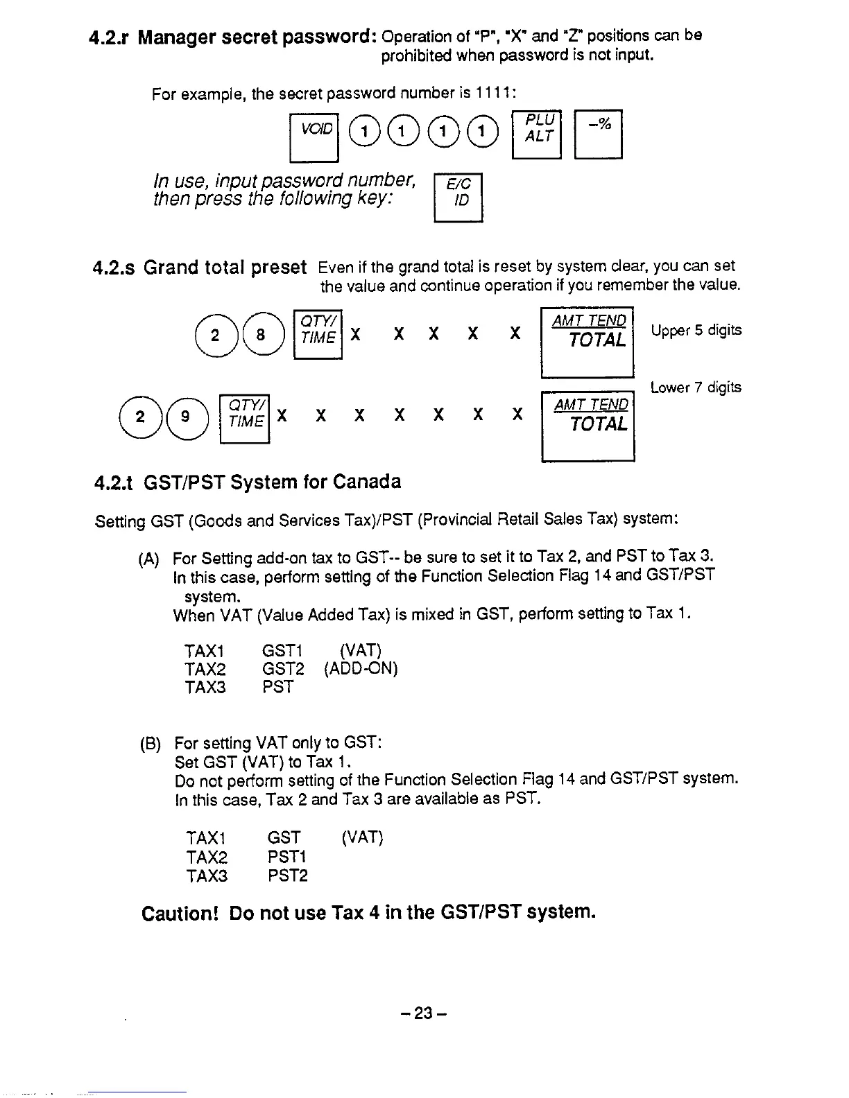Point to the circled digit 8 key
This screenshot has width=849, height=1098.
[260, 335]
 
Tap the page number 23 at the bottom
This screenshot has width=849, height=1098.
[423, 1013]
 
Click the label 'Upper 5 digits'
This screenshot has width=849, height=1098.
[696, 331]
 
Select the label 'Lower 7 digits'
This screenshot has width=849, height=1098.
[696, 387]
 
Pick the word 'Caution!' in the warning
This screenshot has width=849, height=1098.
[180, 914]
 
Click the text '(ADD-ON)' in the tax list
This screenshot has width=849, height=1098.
[361, 669]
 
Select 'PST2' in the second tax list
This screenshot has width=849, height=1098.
[288, 876]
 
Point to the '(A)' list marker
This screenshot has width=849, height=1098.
[149, 559]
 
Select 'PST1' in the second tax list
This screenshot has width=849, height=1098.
[287, 857]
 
